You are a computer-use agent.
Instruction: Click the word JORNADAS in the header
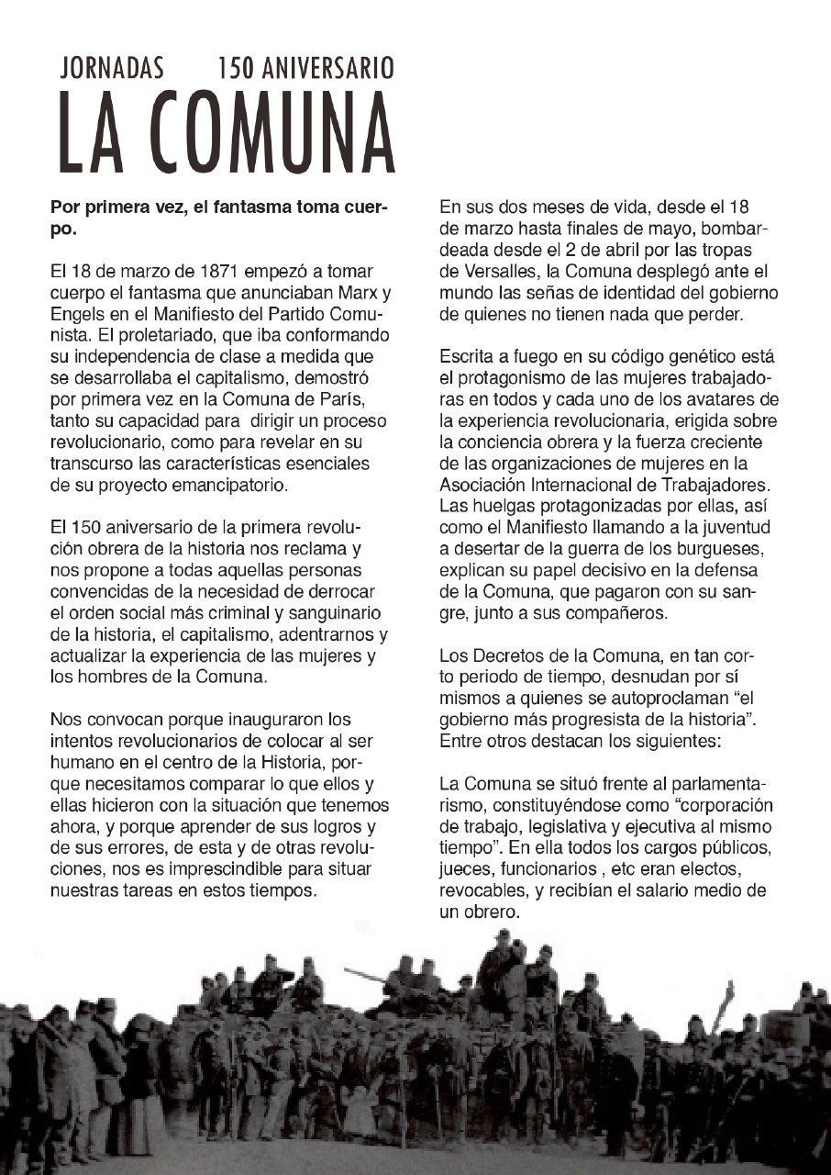pos(112,67)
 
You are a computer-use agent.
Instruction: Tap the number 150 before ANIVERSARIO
pos(237,67)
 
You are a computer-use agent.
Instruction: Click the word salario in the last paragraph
pos(675,892)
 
